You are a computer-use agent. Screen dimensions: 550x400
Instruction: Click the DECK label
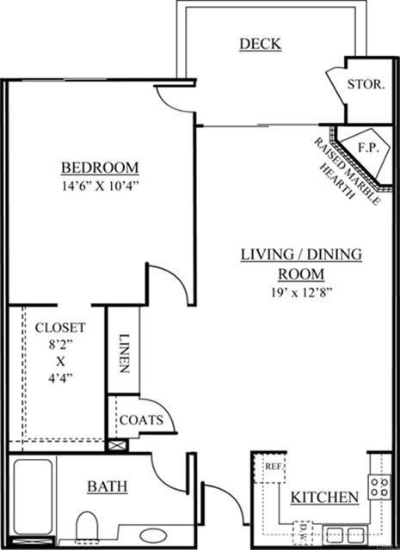pyautogui.click(x=260, y=45)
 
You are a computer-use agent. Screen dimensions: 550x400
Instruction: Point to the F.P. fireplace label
pyautogui.click(x=368, y=147)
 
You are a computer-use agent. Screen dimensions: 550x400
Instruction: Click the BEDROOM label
pyautogui.click(x=99, y=167)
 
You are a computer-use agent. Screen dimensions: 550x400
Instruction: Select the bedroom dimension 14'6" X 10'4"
pyautogui.click(x=99, y=185)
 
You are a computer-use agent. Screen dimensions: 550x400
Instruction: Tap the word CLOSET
pyautogui.click(x=59, y=327)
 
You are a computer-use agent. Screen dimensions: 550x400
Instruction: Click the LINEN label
pyautogui.click(x=125, y=352)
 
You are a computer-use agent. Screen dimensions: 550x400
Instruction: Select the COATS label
pyautogui.click(x=139, y=419)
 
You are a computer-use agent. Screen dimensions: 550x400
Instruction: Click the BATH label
pyautogui.click(x=108, y=487)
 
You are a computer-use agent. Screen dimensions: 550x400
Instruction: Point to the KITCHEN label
pyautogui.click(x=323, y=498)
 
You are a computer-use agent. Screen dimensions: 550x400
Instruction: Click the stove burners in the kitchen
pyautogui.click(x=378, y=487)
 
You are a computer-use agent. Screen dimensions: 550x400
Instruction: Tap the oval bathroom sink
pyautogui.click(x=155, y=534)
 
